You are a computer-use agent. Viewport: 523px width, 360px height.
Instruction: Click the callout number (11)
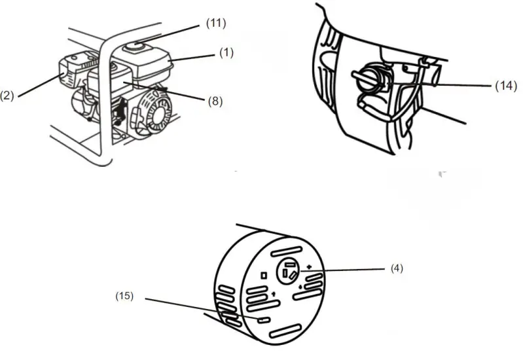point(215,24)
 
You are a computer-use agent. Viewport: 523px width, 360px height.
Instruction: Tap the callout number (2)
point(8,96)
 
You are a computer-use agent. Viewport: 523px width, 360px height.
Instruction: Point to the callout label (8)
point(215,102)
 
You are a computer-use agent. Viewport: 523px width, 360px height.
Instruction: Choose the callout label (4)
point(396,268)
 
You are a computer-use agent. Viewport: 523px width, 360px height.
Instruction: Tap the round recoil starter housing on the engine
point(154,115)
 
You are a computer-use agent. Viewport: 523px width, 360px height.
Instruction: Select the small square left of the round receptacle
point(263,276)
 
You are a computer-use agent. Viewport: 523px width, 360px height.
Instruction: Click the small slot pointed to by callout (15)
point(263,320)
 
